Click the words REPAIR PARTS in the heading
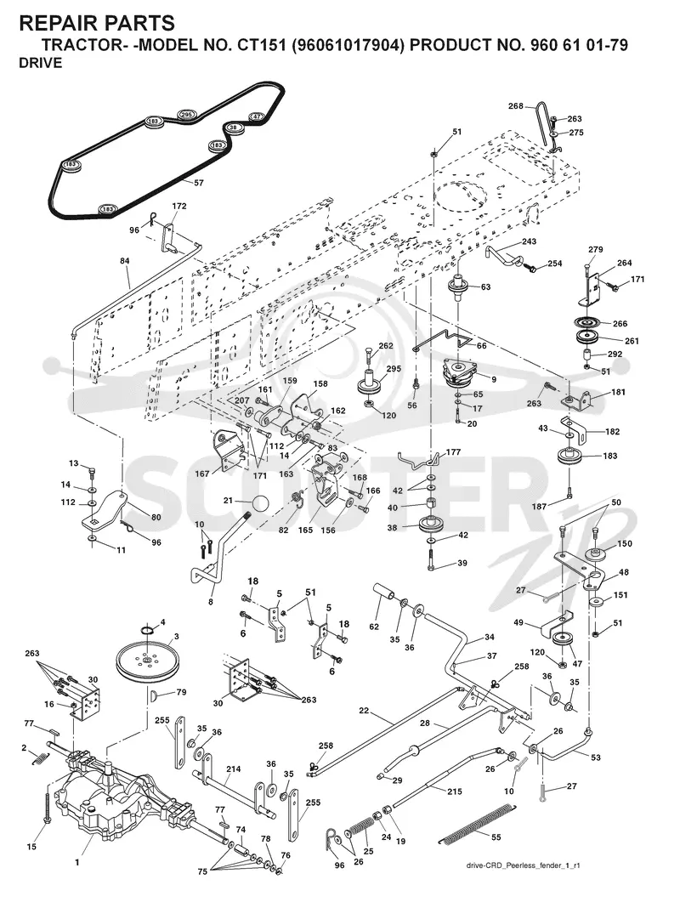pos(97,23)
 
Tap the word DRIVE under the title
pos(40,63)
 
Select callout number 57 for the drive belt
pos(199,184)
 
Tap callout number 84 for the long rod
pos(125,261)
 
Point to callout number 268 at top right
pos(516,106)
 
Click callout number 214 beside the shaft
pos(234,769)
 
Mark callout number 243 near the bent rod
pos(529,241)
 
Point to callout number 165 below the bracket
pos(305,530)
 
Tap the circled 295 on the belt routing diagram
pos(186,115)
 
